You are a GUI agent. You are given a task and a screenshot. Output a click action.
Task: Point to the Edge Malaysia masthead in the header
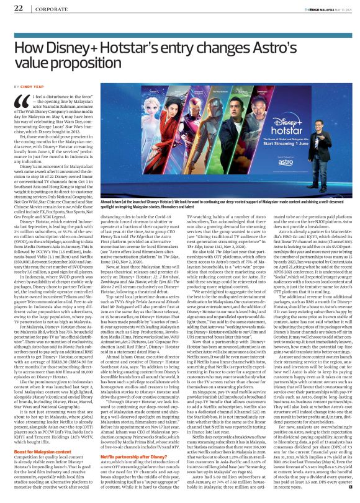pyautogui.click(x=314, y=7)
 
